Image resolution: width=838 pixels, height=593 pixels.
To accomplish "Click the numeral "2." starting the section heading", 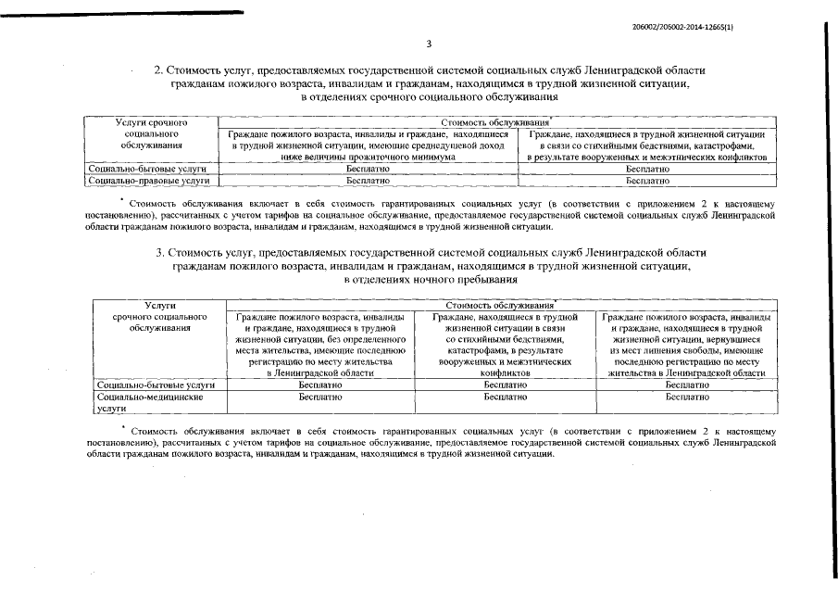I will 158,70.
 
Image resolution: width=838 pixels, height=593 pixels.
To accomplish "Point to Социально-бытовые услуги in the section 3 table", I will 156,384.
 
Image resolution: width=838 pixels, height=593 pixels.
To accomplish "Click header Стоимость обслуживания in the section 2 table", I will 494,121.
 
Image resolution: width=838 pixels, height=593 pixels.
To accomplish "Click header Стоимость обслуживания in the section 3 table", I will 499,305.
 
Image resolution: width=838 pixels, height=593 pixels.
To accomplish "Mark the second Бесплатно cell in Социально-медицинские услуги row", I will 505,397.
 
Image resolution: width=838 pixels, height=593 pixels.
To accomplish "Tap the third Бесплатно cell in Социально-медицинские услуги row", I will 687,397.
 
